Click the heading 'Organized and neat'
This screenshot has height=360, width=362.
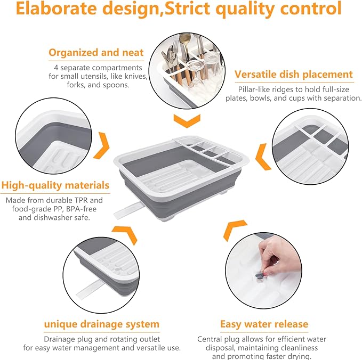[x=96, y=53]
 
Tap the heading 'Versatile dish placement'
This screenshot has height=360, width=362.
[x=294, y=75]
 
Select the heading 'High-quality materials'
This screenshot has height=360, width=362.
[x=55, y=185]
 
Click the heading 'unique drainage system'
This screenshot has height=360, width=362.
[x=102, y=324]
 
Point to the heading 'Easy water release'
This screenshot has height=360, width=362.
[x=264, y=324]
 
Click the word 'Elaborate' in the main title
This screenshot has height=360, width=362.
[x=56, y=9]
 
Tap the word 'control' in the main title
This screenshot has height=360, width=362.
[x=310, y=9]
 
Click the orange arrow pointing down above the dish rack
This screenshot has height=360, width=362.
[x=187, y=120]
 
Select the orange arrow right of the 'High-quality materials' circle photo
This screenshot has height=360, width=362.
[x=101, y=145]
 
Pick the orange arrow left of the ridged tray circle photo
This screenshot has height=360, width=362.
[x=263, y=157]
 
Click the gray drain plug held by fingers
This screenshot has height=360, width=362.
[x=259, y=275]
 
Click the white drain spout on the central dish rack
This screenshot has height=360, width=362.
[x=127, y=210]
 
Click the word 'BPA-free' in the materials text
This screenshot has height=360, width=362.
[x=81, y=209]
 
